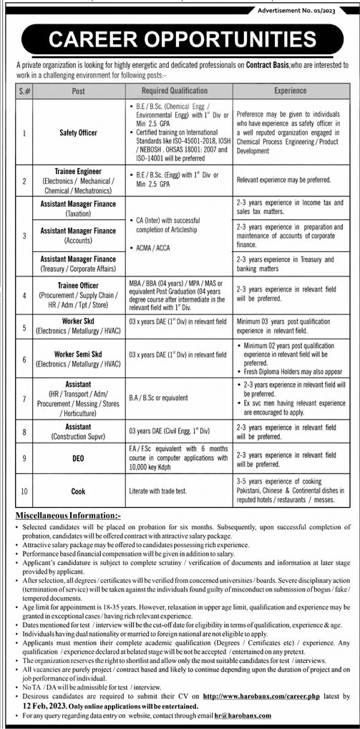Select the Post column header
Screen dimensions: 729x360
[x=78, y=91]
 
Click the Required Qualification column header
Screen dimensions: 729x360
[x=175, y=91]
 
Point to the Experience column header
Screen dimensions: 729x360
[x=290, y=91]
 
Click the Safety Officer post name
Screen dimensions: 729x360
[x=78, y=132]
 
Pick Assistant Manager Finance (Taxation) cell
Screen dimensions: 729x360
[x=78, y=208]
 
